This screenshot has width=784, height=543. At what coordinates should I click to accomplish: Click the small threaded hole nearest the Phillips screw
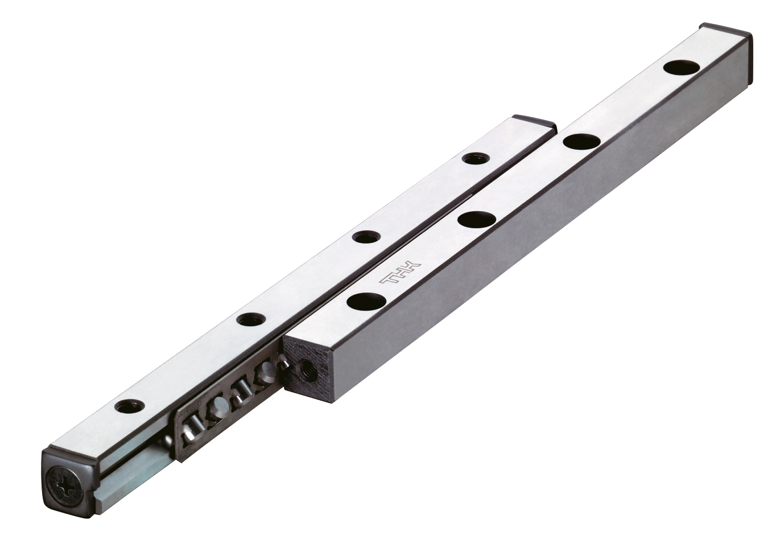point(130,407)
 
